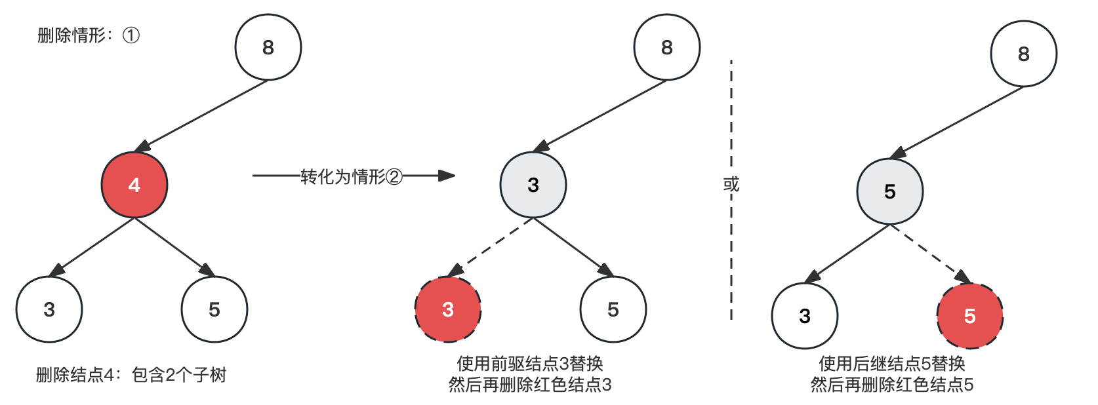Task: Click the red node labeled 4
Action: pyautogui.click(x=134, y=185)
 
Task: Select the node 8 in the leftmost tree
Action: pyautogui.click(x=268, y=47)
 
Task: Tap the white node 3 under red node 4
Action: pyautogui.click(x=49, y=309)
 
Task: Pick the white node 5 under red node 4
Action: pyautogui.click(x=214, y=309)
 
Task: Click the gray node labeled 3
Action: pyautogui.click(x=533, y=185)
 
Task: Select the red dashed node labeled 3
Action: pyautogui.click(x=448, y=309)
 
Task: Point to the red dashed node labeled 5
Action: pyautogui.click(x=970, y=316)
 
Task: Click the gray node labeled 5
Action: pyautogui.click(x=890, y=191)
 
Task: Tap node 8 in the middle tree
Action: pyautogui.click(x=667, y=47)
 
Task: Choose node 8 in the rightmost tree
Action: pyautogui.click(x=1024, y=54)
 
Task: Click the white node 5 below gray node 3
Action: pyautogui.click(x=613, y=309)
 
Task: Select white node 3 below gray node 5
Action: pyautogui.click(x=805, y=316)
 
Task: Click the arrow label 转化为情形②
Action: pyautogui.click(x=352, y=176)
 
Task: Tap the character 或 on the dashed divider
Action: pyautogui.click(x=731, y=184)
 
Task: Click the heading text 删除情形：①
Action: pyautogui.click(x=88, y=35)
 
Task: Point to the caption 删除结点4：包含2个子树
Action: pyautogui.click(x=131, y=375)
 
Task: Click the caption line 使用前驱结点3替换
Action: pyautogui.click(x=530, y=363)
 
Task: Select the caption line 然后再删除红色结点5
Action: pyautogui.click(x=892, y=384)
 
